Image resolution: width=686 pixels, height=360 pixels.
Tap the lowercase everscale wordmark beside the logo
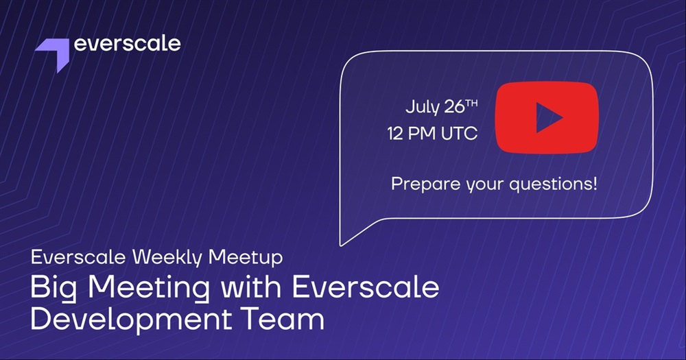tap(128, 44)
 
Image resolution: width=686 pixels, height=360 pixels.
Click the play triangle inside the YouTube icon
tap(549, 118)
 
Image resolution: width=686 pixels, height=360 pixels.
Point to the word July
tap(423, 108)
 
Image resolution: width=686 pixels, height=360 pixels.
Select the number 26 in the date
tap(454, 107)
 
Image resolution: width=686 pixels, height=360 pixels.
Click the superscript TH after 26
tap(472, 104)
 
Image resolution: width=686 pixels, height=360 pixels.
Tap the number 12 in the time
tap(395, 134)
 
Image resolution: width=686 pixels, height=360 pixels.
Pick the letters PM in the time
tap(422, 134)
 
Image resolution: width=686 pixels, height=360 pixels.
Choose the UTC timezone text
tap(459, 134)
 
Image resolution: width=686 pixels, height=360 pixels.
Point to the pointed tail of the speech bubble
tap(341, 245)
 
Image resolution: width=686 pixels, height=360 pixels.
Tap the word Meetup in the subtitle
tap(246, 258)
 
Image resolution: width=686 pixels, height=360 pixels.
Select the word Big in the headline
tap(54, 288)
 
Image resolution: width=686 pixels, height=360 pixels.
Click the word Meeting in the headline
tap(149, 288)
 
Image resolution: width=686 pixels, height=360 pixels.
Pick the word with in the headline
tap(250, 287)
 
